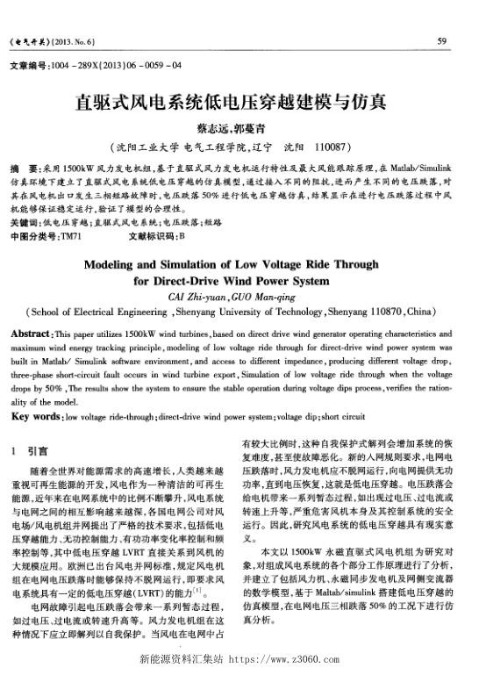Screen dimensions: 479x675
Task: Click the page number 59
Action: tap(441, 41)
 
